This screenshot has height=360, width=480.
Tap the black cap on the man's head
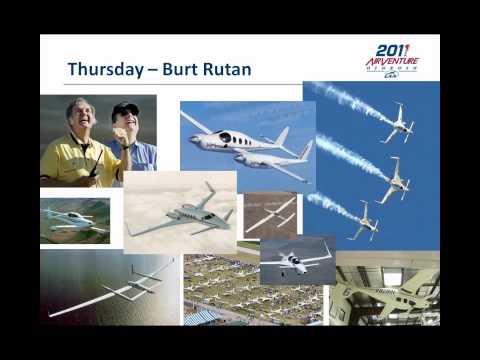pos(126,109)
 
